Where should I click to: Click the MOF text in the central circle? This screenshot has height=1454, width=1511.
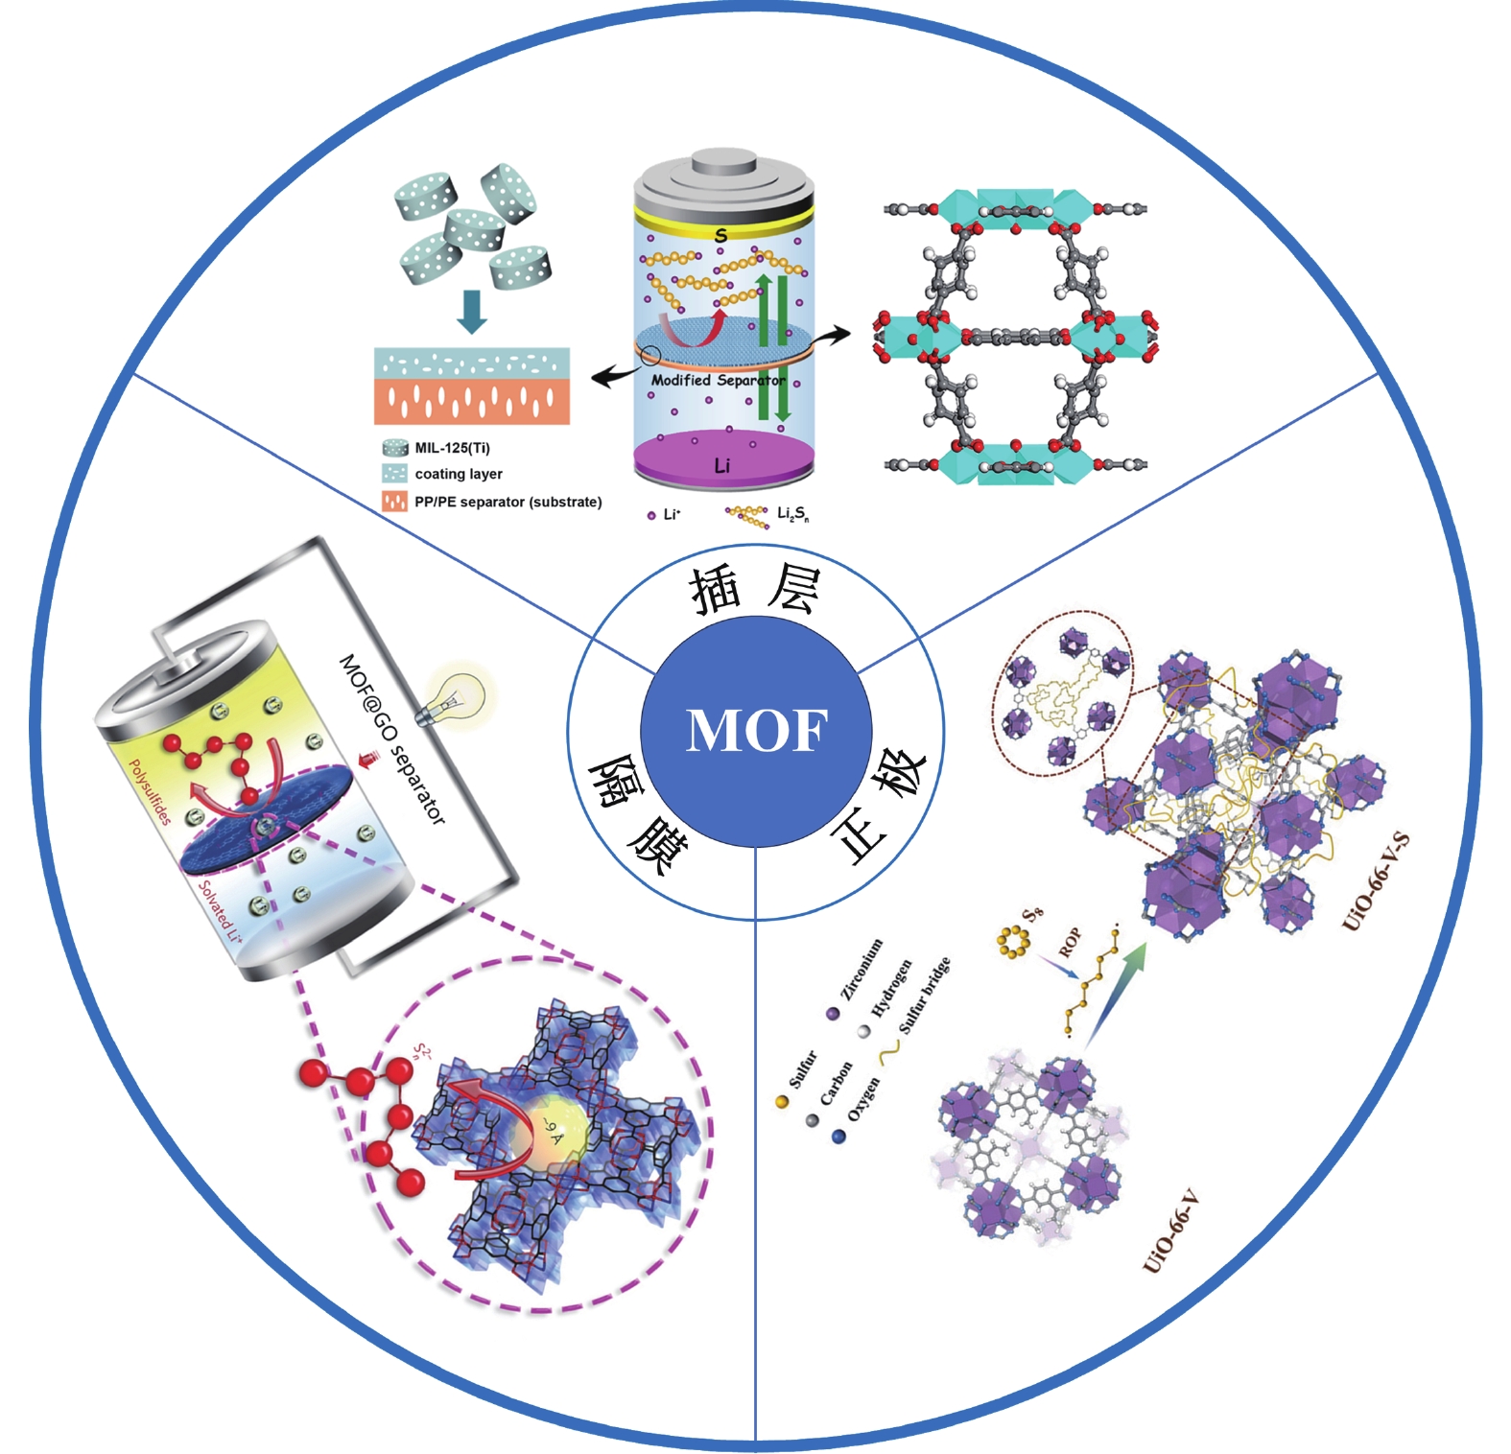(x=756, y=731)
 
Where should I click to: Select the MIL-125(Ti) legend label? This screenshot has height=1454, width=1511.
(x=452, y=448)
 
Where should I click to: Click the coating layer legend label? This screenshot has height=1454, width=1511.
(x=458, y=474)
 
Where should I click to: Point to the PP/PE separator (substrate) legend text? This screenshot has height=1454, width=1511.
(x=508, y=502)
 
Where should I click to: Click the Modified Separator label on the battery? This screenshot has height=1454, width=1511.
(x=717, y=380)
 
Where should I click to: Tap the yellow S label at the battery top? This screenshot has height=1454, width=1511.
(x=720, y=235)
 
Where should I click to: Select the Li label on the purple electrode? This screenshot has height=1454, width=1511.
(x=721, y=466)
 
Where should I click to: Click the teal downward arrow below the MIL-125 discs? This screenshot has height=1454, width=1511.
(x=471, y=310)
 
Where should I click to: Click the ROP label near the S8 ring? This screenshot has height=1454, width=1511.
(x=1071, y=942)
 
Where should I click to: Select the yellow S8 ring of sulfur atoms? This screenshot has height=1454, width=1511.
(x=1011, y=941)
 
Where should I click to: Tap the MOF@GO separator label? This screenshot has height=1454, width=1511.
(x=392, y=739)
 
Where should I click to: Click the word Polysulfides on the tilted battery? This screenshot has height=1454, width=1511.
(x=151, y=792)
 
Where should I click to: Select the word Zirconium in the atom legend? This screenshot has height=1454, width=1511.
(x=862, y=969)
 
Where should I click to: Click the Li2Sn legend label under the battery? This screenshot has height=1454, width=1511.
(x=792, y=514)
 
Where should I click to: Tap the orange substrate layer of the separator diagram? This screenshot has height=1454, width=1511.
(x=471, y=402)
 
